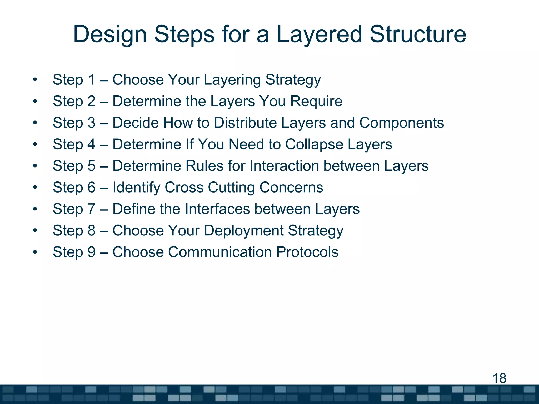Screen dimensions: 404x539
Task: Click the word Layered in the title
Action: click(319, 35)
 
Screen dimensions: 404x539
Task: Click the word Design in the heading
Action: click(110, 35)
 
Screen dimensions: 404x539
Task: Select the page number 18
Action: click(499, 378)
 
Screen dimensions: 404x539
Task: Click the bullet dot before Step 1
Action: click(35, 80)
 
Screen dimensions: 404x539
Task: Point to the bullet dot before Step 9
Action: click(35, 252)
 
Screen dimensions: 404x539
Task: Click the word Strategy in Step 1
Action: click(293, 80)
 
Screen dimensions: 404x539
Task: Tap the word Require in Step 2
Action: click(316, 102)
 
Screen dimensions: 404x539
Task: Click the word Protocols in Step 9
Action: click(307, 252)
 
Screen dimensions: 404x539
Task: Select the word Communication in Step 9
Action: click(220, 252)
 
